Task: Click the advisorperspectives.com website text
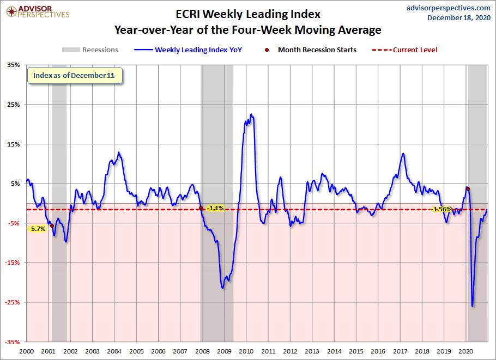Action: (441, 8)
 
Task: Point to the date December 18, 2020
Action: (458, 17)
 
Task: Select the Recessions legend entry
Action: (90, 50)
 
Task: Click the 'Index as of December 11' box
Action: (74, 76)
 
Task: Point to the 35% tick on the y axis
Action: (13, 65)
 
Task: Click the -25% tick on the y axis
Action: (13, 302)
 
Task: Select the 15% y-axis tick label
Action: (13, 144)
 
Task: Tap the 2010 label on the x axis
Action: (246, 351)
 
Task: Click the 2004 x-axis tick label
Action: (114, 351)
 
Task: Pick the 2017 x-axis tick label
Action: (400, 351)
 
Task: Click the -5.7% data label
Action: (38, 229)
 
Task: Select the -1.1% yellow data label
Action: (215, 208)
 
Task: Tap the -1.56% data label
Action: (441, 209)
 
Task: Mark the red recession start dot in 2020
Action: (468, 189)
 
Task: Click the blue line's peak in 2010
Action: (251, 114)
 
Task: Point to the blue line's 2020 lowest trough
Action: (472, 306)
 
